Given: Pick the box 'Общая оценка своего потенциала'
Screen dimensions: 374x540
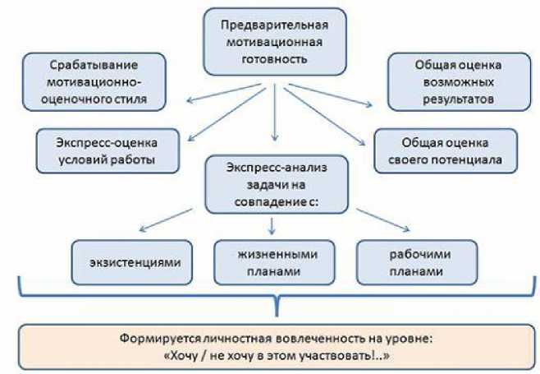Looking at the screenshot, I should tap(446, 150).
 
